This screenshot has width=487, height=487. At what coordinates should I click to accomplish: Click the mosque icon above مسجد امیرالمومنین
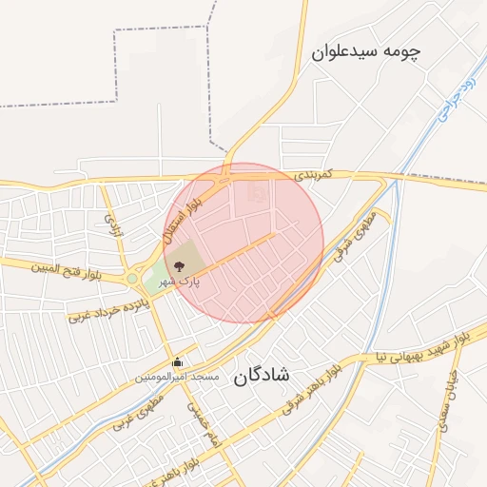[178, 361]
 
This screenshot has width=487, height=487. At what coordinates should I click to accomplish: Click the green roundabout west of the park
[130, 279]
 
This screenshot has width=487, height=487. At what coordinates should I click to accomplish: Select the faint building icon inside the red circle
[254, 193]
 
